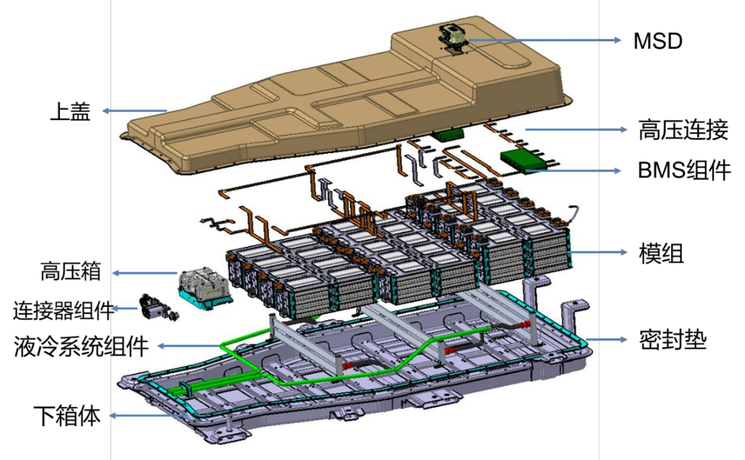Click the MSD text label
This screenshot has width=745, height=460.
[657, 41]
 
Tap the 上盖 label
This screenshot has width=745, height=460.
[70, 112]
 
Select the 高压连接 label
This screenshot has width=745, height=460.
[683, 130]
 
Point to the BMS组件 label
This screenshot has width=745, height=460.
[684, 170]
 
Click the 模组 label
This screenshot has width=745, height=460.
[661, 253]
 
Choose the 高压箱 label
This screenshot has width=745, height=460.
[71, 272]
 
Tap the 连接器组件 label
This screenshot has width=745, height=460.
[63, 310]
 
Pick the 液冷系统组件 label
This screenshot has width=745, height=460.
[81, 346]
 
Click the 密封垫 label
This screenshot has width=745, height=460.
[673, 340]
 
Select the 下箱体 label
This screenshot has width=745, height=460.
[66, 415]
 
